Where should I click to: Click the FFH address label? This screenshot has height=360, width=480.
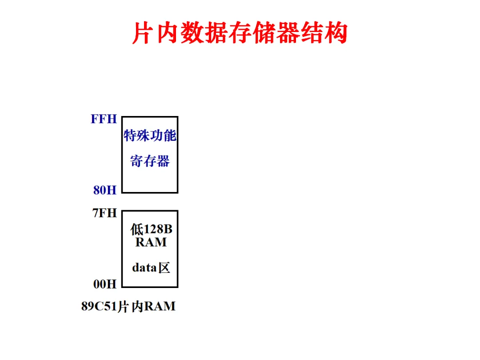click(104, 119)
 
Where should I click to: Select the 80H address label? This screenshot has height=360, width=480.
click(105, 190)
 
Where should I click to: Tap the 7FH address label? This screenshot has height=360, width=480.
click(104, 213)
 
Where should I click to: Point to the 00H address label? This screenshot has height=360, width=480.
click(105, 284)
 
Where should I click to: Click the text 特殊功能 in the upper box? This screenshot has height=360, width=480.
click(150, 136)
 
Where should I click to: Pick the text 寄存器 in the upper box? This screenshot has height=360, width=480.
click(150, 161)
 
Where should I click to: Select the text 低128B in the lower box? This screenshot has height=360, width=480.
click(151, 229)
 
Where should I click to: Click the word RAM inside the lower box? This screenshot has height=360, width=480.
click(151, 242)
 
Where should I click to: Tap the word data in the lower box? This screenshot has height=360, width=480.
click(144, 268)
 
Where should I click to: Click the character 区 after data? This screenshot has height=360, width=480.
click(164, 268)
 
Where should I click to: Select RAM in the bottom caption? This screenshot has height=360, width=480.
click(160, 307)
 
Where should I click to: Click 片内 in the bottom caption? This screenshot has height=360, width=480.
click(130, 307)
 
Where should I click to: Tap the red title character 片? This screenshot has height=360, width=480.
click(143, 33)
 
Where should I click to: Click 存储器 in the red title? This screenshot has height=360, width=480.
click(264, 33)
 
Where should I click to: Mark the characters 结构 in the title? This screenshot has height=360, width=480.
click(324, 33)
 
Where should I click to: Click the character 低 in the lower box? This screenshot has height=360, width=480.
click(136, 229)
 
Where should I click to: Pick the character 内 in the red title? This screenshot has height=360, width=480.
click(168, 33)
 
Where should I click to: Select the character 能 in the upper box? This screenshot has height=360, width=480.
click(170, 136)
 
